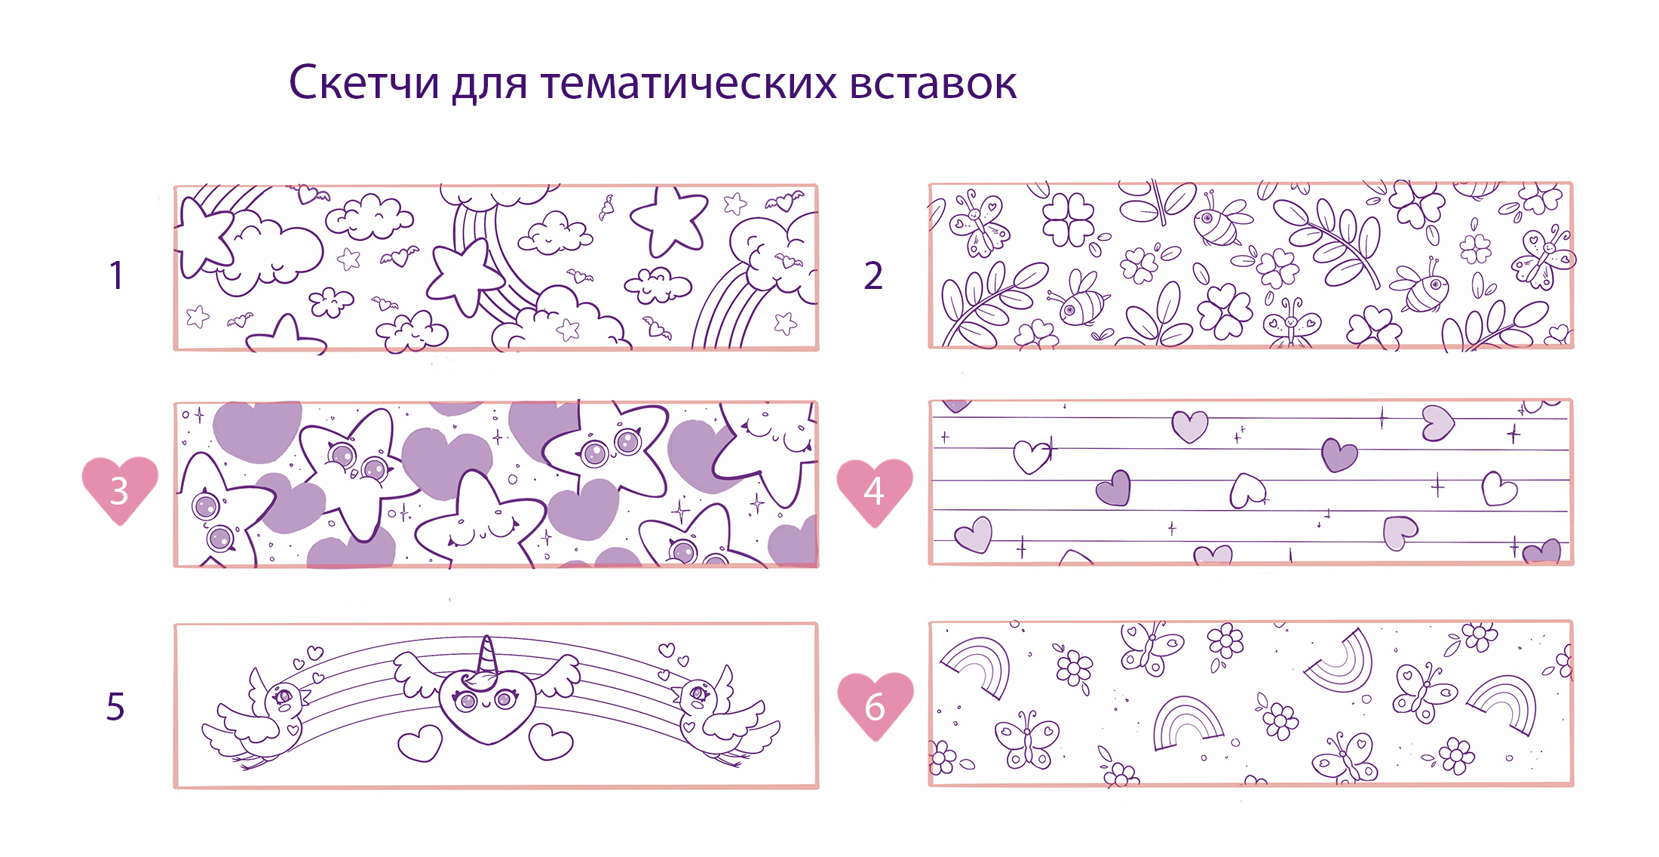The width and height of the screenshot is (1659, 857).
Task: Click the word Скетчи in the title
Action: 363,82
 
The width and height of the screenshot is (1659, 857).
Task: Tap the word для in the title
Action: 489,84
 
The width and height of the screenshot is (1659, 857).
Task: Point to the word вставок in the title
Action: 934,84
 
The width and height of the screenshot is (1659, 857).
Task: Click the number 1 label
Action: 116,275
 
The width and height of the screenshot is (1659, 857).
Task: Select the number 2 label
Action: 873,275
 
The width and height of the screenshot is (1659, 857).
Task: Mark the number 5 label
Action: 115,707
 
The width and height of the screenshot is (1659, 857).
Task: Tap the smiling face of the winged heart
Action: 487,704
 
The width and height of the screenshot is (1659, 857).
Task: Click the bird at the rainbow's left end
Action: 256,719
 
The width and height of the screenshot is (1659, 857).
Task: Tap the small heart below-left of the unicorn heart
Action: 420,742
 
